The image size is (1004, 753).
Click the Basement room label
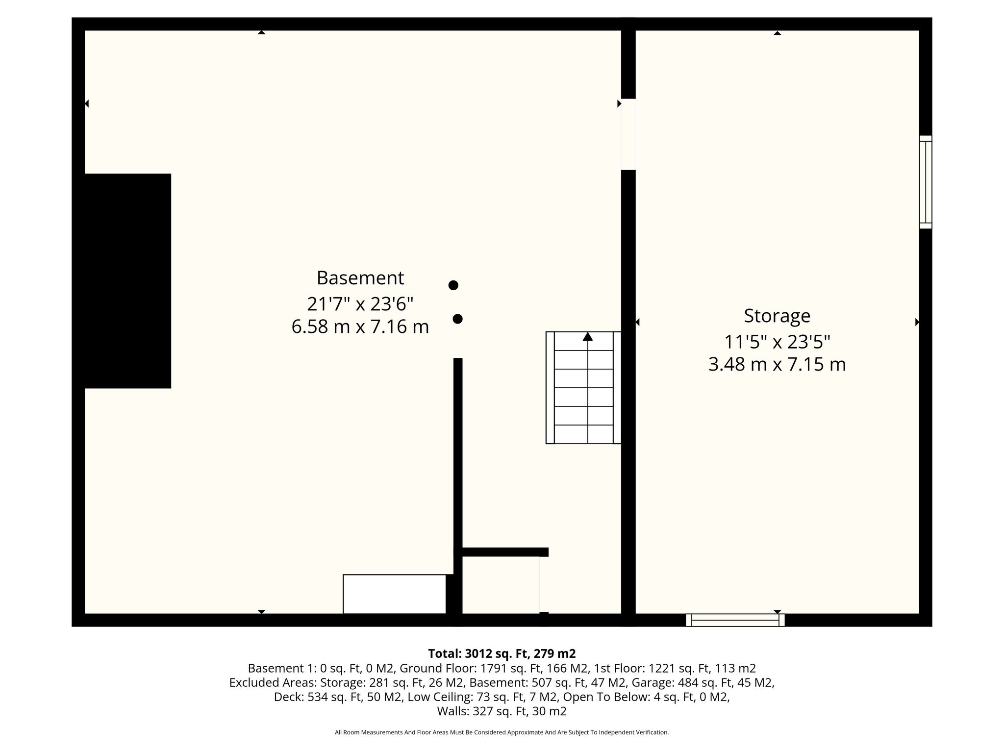click(x=360, y=278)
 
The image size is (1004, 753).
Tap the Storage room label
click(x=777, y=316)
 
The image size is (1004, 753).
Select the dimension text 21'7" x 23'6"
click(x=360, y=304)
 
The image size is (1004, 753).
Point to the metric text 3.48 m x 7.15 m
click(x=777, y=365)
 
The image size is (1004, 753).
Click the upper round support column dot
click(x=453, y=285)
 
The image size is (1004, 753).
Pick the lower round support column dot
click(x=457, y=319)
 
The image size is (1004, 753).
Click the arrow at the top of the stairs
click(x=588, y=336)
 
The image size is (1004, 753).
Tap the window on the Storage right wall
click(x=926, y=182)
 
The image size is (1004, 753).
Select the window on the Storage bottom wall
click(x=735, y=620)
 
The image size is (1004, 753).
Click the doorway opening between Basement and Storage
click(x=628, y=134)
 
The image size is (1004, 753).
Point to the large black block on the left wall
click(x=122, y=281)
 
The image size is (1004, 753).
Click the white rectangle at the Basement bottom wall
click(x=394, y=594)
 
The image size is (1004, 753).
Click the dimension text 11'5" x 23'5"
click(x=777, y=342)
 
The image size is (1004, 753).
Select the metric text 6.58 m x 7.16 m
click(x=360, y=327)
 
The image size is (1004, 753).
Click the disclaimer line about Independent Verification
click(x=502, y=732)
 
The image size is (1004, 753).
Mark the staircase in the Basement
click(x=583, y=388)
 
